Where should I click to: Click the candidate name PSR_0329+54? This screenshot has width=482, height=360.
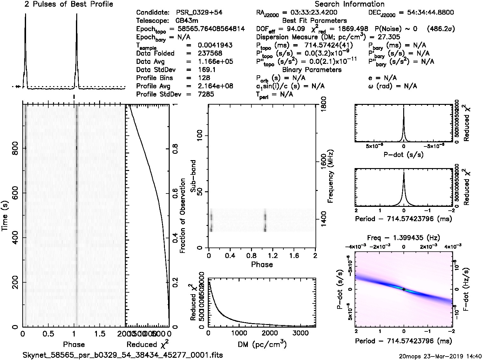pos(199,13)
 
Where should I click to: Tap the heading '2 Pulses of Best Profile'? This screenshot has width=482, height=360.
pos(69,4)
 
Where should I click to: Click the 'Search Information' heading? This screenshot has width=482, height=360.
pos(350,4)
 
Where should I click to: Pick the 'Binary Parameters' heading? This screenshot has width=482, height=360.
pos(312,70)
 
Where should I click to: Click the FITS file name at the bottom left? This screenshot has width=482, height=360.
pos(123,355)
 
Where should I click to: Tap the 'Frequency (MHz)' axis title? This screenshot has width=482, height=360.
pos(331,176)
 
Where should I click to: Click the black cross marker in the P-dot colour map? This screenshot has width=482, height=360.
pos(404,289)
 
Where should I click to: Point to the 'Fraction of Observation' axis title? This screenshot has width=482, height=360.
pos(182,216)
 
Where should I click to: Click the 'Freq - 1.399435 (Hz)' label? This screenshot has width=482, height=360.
pos(404,238)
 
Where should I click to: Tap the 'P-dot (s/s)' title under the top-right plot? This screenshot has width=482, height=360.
pos(404,155)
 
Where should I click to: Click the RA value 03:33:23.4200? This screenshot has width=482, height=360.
pos(310,13)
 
